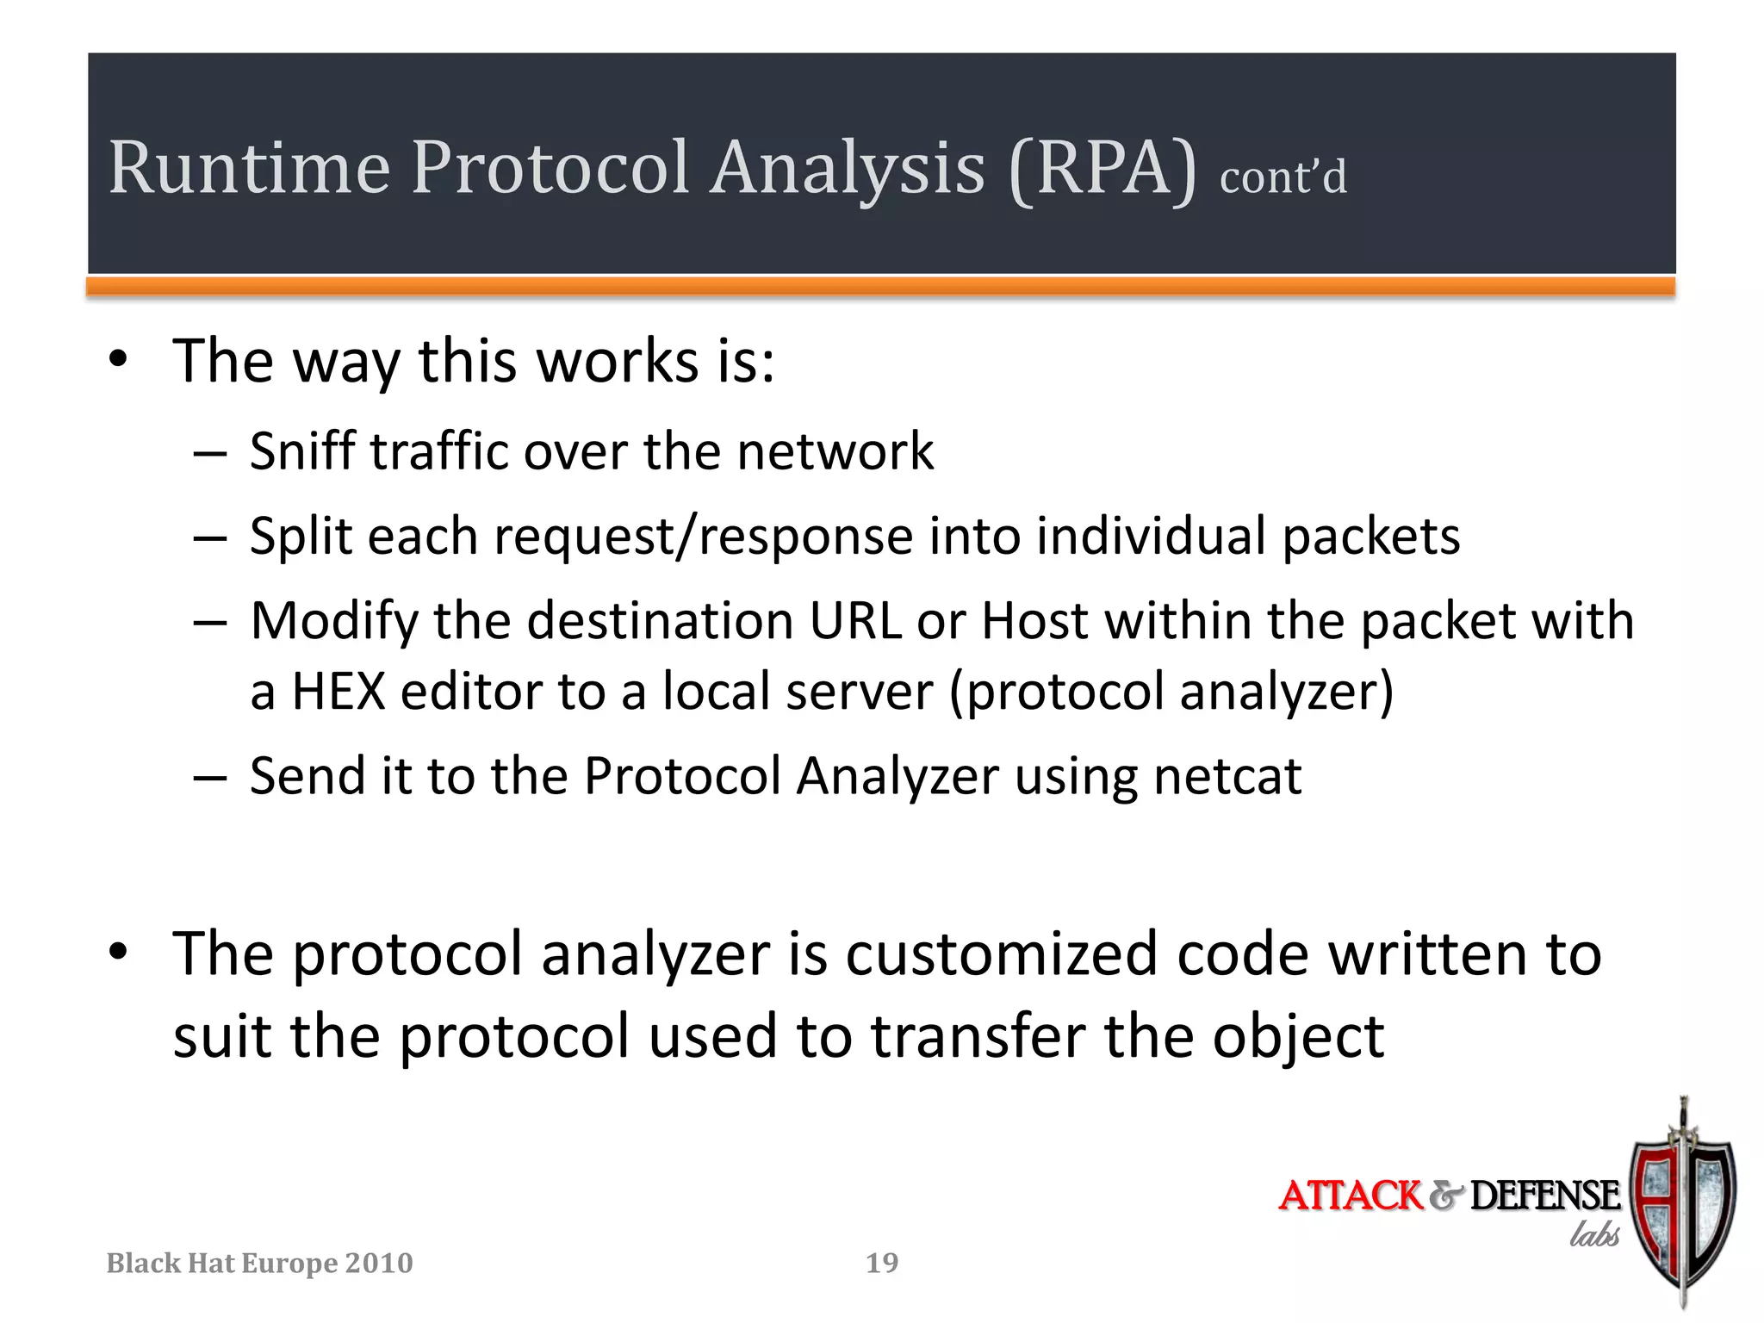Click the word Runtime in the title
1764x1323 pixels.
point(250,168)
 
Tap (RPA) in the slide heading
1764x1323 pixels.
point(1102,170)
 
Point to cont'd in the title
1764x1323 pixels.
point(1283,177)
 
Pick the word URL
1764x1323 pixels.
point(855,621)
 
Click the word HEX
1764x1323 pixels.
point(339,692)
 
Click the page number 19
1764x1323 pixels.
point(882,1263)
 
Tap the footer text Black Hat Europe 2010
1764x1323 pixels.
point(259,1264)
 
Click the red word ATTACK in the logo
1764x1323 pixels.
point(1351,1196)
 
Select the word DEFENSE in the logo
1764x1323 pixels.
point(1544,1196)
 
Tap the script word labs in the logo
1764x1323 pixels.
point(1594,1235)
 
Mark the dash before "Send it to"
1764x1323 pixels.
point(209,778)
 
